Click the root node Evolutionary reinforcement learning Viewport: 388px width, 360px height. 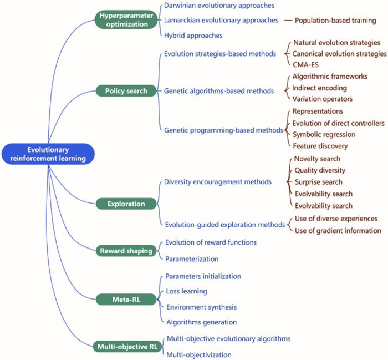click(x=48, y=154)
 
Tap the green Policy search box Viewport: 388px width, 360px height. click(x=126, y=90)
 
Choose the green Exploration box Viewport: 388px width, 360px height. click(x=126, y=204)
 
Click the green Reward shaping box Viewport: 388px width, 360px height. click(x=126, y=251)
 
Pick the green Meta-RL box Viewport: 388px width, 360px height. click(x=126, y=300)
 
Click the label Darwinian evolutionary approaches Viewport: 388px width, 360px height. click(x=219, y=6)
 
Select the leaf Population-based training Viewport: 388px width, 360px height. click(x=335, y=21)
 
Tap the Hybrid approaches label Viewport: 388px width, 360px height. click(x=193, y=35)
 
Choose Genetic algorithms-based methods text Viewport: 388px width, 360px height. click(x=219, y=90)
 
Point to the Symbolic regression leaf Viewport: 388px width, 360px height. click(x=324, y=134)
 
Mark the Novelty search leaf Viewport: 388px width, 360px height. click(x=318, y=159)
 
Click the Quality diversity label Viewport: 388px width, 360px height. click(x=320, y=170)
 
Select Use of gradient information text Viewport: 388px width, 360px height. click(x=338, y=230)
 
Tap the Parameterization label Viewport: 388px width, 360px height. click(x=192, y=258)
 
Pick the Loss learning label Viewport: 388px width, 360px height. click(x=186, y=291)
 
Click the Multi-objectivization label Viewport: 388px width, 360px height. click(x=198, y=354)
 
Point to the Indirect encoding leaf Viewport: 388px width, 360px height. click(x=320, y=88)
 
